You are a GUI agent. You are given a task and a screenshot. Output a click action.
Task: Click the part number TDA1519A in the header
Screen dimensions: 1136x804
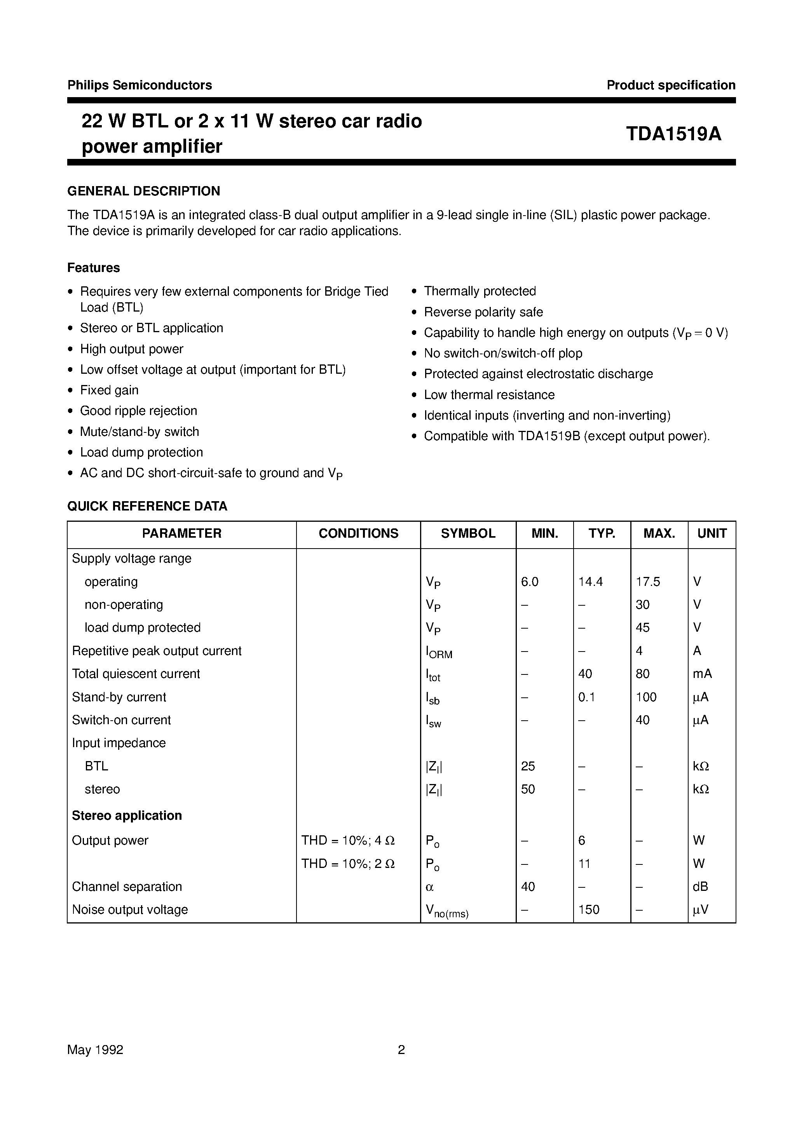tap(673, 134)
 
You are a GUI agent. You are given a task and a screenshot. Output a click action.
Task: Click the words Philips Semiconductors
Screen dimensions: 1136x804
tap(140, 85)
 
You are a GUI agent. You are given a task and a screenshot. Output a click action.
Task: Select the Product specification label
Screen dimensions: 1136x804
tap(671, 85)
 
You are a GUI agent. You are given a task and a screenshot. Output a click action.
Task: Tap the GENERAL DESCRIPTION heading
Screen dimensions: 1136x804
tap(143, 191)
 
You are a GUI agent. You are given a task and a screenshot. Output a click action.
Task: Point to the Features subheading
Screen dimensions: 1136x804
tap(94, 268)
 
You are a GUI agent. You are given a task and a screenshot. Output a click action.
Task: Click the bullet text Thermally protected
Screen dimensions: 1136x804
tap(480, 291)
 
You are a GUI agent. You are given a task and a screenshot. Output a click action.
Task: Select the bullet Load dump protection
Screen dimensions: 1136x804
tap(141, 453)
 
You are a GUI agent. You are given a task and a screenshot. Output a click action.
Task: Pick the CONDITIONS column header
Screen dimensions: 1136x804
tap(358, 533)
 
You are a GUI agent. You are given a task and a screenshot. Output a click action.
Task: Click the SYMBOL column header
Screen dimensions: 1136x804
tap(468, 533)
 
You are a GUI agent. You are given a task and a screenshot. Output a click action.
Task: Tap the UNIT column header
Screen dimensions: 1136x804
tap(712, 533)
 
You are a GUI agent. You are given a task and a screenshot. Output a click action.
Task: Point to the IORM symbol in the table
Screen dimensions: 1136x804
tap(439, 652)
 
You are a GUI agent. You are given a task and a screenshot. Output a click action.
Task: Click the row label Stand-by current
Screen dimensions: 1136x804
tap(119, 697)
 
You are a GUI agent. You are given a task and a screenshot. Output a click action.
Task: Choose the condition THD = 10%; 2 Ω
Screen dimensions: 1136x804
tap(348, 864)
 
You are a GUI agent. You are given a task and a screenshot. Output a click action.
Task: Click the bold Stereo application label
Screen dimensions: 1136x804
tap(127, 815)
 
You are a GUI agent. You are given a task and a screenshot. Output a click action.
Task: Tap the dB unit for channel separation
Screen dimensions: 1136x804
tap(700, 887)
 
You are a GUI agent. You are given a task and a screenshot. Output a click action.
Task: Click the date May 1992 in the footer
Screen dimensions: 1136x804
tap(95, 1049)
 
